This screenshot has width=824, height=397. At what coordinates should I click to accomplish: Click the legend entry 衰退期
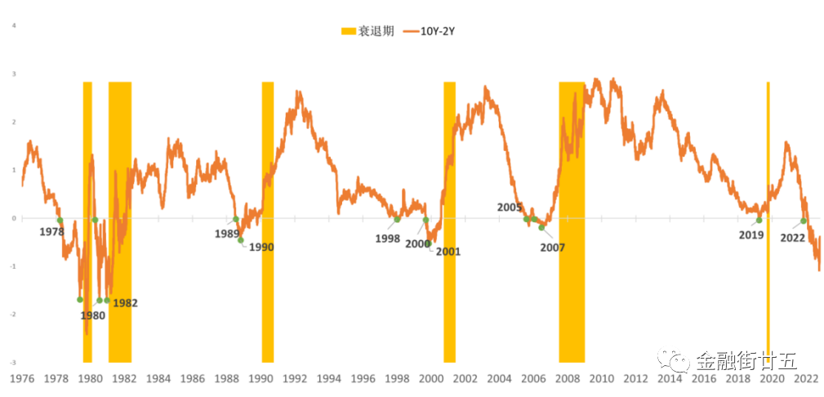pos(367,31)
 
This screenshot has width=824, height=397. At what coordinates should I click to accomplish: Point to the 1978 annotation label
pos(51,232)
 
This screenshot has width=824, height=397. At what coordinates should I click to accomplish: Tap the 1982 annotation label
pos(125,303)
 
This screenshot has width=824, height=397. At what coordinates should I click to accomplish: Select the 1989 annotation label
pos(226,234)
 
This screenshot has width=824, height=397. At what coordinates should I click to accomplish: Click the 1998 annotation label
pos(388,239)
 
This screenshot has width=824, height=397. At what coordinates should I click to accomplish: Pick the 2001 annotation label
pos(448,252)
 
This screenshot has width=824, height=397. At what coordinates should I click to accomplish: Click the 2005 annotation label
pos(510,207)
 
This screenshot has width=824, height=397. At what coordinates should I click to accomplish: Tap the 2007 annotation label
pos(553,248)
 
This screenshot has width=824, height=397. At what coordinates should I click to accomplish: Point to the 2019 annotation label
pos(751,235)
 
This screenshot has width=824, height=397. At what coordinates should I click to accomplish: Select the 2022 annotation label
pos(793,238)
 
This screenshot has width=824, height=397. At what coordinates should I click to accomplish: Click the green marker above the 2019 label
pos(759,221)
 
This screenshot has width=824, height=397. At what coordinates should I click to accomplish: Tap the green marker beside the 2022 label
pos(804,221)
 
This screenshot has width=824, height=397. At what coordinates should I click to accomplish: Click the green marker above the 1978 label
pos(60,221)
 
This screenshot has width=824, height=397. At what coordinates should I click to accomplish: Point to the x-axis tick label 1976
pos(21,379)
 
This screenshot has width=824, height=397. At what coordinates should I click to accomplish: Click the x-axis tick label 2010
pos(602,379)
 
